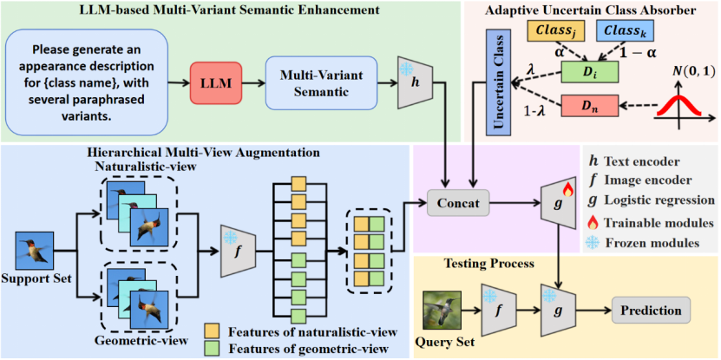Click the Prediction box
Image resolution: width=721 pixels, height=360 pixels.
pyautogui.click(x=647, y=310)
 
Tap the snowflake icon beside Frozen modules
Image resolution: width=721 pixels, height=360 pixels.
pyautogui.click(x=595, y=243)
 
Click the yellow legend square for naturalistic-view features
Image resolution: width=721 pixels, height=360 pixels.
pyautogui.click(x=212, y=331)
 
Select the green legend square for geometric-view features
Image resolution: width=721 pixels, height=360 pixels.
pyautogui.click(x=212, y=349)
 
